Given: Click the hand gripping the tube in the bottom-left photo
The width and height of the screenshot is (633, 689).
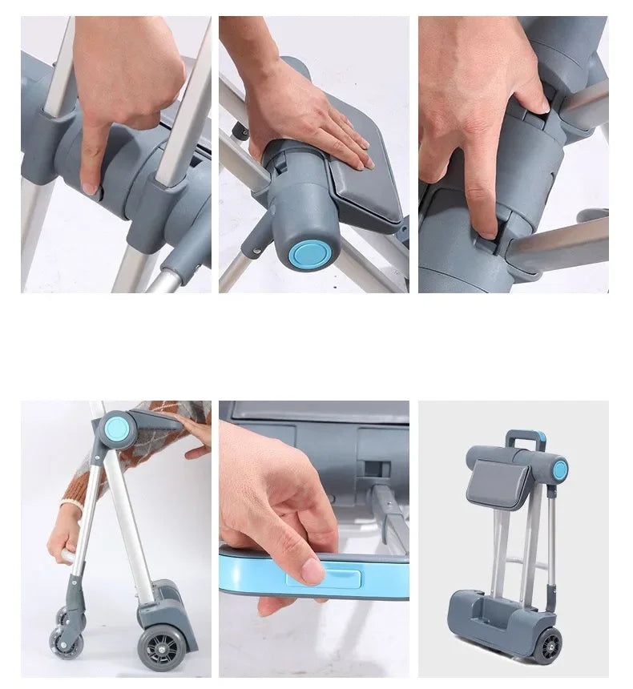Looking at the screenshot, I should (64, 545).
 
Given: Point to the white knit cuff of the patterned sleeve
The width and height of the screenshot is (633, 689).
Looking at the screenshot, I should (71, 506).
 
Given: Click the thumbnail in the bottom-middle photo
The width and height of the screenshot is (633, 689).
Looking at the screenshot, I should (312, 570).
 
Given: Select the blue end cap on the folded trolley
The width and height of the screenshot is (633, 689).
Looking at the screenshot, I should (559, 470).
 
